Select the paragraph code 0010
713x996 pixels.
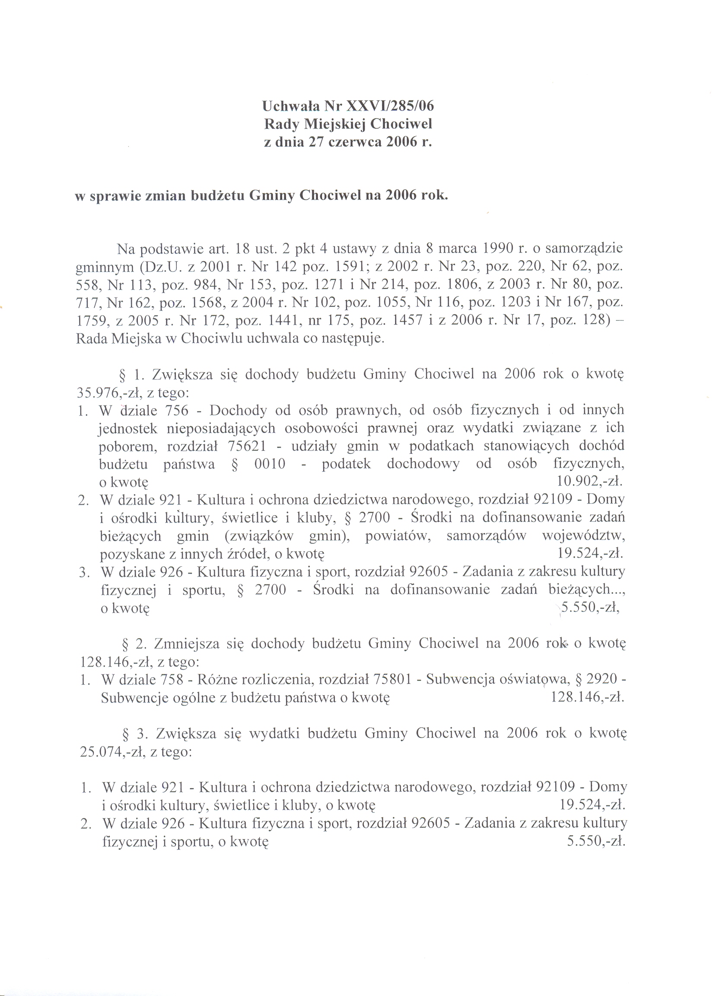point(270,464)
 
